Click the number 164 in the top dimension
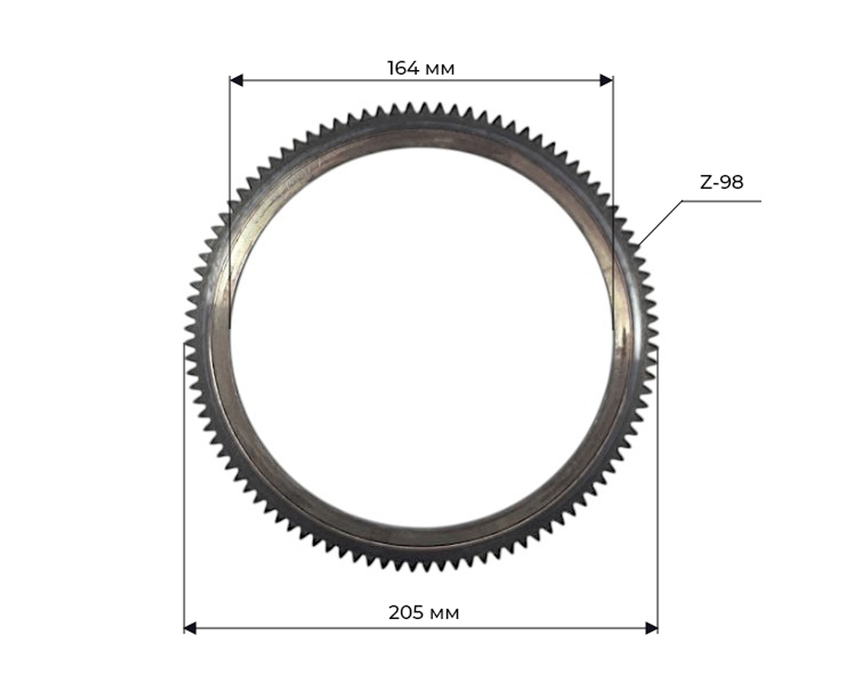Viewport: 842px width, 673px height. (x=402, y=68)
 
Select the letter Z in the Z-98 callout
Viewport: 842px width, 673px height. (x=706, y=182)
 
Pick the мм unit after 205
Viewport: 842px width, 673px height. (x=444, y=613)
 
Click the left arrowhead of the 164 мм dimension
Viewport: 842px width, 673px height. (x=237, y=80)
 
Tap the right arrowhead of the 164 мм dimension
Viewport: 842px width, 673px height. (x=606, y=80)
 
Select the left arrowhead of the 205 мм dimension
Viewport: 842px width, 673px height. (x=190, y=628)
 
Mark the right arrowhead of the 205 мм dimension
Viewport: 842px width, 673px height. (x=651, y=628)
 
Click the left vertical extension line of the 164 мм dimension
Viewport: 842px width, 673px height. (x=230, y=168)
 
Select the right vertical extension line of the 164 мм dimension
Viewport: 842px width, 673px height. (x=613, y=168)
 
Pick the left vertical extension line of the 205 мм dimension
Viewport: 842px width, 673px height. (x=184, y=505)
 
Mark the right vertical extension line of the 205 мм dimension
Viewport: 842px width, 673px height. (x=658, y=505)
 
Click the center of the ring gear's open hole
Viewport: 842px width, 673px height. (x=421, y=337)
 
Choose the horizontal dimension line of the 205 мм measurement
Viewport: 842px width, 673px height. (x=320, y=628)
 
